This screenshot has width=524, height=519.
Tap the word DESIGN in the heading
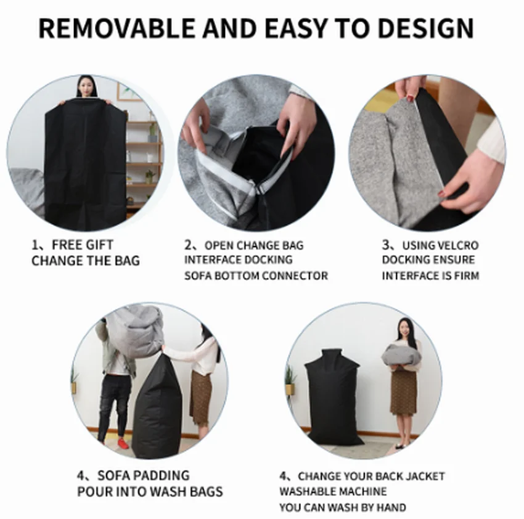click(426, 28)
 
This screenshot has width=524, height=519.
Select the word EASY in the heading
click(295, 28)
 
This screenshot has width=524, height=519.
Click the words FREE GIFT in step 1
click(83, 245)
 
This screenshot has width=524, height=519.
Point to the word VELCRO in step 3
click(457, 245)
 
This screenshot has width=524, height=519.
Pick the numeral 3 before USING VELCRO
click(386, 245)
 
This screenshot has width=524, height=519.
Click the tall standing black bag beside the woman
click(332, 398)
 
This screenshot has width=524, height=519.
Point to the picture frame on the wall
click(128, 92)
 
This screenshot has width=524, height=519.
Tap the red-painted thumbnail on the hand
click(442, 194)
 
